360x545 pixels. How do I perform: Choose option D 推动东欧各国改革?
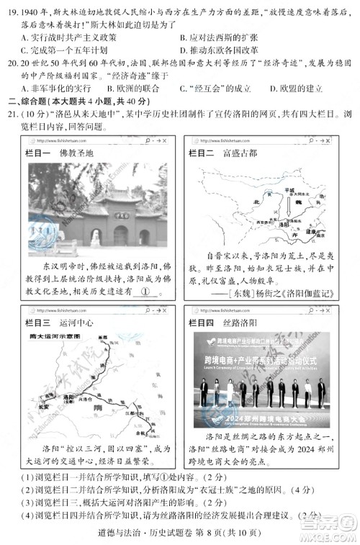(223, 50)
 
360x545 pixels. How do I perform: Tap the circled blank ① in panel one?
(145, 292)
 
